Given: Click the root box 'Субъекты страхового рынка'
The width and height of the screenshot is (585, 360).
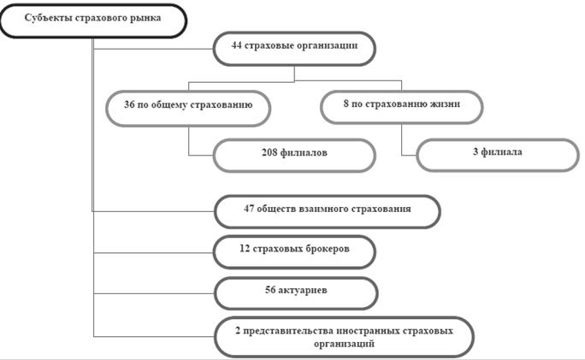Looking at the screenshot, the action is (93, 21).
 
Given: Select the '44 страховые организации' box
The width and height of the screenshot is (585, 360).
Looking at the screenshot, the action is (294, 49).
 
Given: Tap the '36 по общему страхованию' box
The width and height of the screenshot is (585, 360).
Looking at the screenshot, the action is (188, 109).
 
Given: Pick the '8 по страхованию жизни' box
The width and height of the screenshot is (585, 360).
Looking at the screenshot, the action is (402, 107).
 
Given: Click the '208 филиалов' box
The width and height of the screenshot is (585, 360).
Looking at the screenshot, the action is (294, 155).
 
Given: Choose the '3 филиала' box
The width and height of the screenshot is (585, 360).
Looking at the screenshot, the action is (498, 155).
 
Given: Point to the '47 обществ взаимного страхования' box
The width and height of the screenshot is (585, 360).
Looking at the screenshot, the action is (328, 211).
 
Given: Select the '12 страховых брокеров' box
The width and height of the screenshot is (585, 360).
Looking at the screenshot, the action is (294, 251).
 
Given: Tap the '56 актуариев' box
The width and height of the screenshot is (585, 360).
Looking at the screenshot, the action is (296, 293).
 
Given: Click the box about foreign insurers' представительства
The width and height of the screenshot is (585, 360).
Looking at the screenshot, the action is (344, 337).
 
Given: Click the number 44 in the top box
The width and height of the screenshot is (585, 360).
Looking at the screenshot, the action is (237, 45).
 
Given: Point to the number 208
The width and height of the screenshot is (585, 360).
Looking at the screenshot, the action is (269, 152).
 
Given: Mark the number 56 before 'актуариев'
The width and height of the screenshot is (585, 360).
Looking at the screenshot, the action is (270, 290).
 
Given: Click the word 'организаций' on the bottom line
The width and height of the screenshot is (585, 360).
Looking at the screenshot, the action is (344, 344).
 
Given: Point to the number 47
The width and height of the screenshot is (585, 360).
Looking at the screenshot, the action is (249, 208).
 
